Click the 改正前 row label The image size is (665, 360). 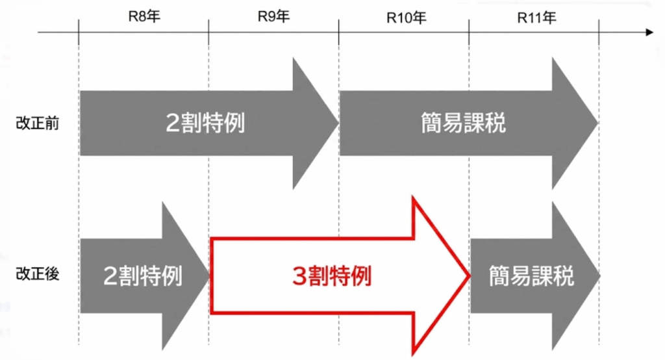pyautogui.click(x=37, y=123)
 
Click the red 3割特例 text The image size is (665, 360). pyautogui.click(x=332, y=277)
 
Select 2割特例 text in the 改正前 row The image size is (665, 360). pyautogui.click(x=205, y=123)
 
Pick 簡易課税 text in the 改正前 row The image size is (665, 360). pyautogui.click(x=463, y=123)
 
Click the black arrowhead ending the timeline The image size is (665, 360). pyautogui.click(x=649, y=31)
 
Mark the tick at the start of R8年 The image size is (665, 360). pyautogui.click(x=79, y=31)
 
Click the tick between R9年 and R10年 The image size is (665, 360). pyautogui.click(x=339, y=31)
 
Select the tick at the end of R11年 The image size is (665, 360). pyautogui.click(x=599, y=31)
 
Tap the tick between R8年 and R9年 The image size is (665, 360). pyautogui.click(x=209, y=31)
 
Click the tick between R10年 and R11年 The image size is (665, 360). pyautogui.click(x=469, y=31)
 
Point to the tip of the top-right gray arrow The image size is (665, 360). pyautogui.click(x=597, y=123)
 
